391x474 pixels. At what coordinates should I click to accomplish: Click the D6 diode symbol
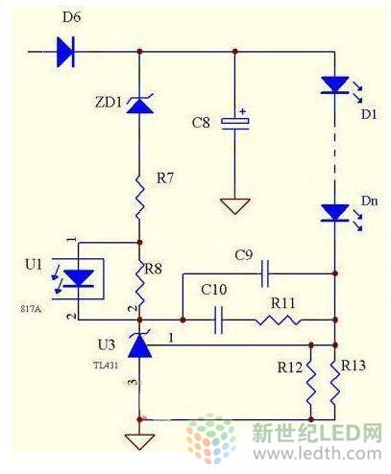pos(65,52)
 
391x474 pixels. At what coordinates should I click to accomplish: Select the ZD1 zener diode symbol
pos(140,104)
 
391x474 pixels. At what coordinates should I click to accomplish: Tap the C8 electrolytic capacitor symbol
pos(235,123)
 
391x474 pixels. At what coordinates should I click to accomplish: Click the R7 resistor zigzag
pos(140,197)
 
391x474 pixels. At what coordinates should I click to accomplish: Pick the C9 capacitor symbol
pos(265,273)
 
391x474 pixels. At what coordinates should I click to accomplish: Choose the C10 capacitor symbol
pos(219,320)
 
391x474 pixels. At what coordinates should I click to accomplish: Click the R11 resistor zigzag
pos(278,320)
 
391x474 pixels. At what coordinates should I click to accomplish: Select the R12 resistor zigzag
pos(310,383)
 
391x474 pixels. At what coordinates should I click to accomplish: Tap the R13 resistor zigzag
pos(335,383)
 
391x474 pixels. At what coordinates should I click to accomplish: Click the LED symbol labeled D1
pos(335,85)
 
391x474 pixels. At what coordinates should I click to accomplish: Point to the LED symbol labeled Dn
pos(335,213)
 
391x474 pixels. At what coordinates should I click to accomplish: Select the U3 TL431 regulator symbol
pos(140,345)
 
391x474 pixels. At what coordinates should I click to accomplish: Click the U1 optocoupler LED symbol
pos(79,278)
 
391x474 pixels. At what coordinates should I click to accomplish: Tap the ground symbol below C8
pos(235,206)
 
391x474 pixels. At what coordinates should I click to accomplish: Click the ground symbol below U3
pos(140,441)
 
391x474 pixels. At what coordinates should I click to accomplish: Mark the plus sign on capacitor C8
pos(243,111)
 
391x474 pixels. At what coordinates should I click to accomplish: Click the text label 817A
pos(31,309)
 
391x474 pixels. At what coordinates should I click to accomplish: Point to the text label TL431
pos(106,365)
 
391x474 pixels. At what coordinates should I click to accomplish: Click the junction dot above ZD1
pos(139,51)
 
